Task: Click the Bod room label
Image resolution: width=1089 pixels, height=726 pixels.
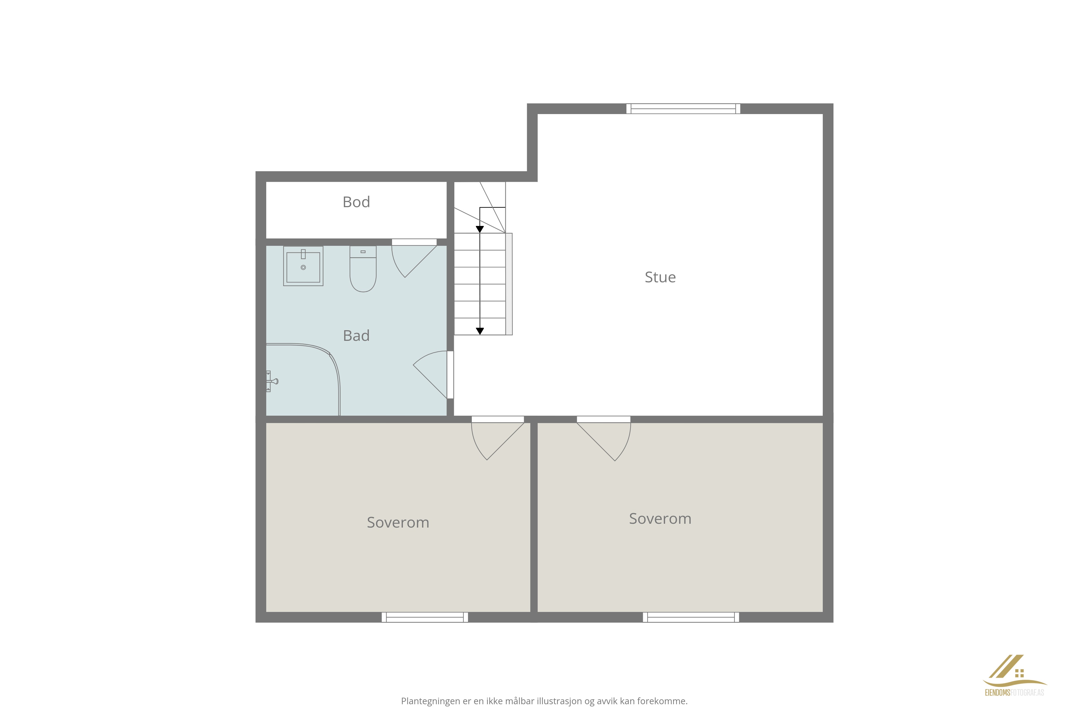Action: (356, 202)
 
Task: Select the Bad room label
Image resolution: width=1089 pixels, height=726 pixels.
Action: (356, 336)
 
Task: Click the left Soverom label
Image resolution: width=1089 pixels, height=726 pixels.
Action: (398, 522)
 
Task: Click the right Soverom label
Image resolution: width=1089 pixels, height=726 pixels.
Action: (660, 519)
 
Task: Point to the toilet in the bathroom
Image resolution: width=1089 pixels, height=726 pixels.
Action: (363, 269)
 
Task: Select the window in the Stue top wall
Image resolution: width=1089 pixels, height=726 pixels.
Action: (683, 109)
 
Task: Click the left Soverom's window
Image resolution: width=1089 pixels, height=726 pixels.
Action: (425, 617)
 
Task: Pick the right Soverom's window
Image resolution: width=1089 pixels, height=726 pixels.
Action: (691, 617)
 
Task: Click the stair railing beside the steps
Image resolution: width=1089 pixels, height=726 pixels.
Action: (509, 284)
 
